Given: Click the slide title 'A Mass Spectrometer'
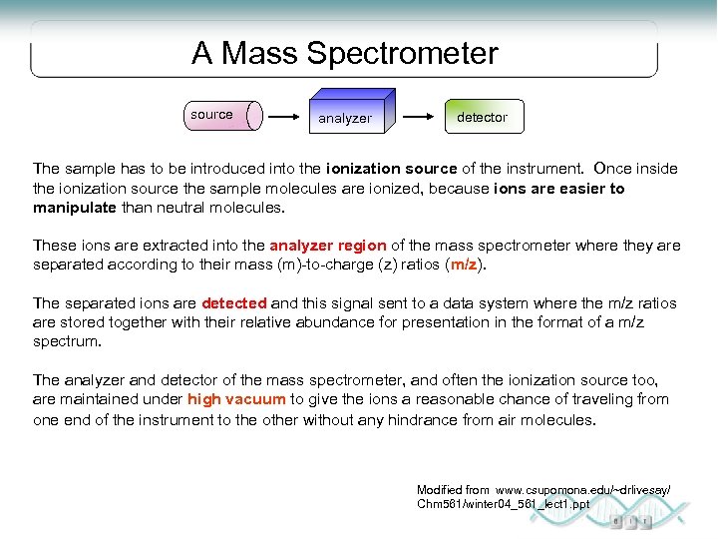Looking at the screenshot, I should pos(344,53).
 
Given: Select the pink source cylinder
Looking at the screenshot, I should pos(223,116).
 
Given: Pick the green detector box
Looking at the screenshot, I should pos(483,117).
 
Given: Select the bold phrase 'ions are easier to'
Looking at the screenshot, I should pos(558,189).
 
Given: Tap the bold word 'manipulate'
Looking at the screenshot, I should pos(76,208).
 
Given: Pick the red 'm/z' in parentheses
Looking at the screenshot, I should pos(463,265).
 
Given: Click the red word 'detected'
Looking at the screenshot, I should pos(233,303).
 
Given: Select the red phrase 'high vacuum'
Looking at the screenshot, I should pos(236,399).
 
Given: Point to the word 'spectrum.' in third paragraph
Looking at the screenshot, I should pos(67,341).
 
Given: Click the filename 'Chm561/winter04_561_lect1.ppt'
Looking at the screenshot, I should pos(503,504).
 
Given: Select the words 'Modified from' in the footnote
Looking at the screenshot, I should pos(453,490).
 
